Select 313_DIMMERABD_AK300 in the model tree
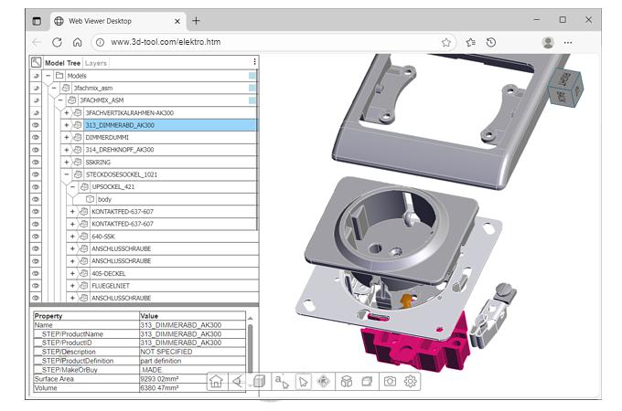click(119, 125)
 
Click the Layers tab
click(96, 63)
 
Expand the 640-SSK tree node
click(72, 236)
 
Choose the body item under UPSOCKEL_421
click(104, 199)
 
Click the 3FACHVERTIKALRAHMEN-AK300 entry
click(128, 112)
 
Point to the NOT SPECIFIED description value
click(166, 352)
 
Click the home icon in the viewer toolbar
click(217, 382)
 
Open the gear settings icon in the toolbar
click(411, 382)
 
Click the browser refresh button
click(57, 42)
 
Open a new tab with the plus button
click(196, 20)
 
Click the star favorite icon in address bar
click(446, 42)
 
